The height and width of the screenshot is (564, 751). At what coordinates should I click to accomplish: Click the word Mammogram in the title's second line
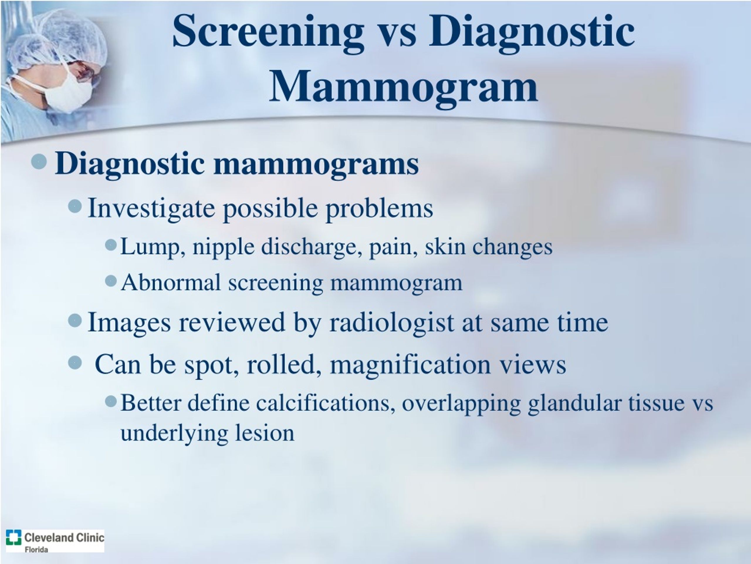(x=403, y=86)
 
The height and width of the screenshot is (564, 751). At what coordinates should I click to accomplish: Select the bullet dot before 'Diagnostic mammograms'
(x=39, y=161)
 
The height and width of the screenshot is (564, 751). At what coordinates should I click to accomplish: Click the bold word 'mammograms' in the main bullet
(x=316, y=164)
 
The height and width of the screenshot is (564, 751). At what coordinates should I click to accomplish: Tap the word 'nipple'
(x=224, y=246)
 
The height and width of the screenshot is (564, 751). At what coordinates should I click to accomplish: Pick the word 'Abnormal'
(x=171, y=283)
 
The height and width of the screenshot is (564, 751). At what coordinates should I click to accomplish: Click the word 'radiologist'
(x=391, y=322)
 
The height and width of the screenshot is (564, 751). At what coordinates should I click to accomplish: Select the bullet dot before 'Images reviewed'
(x=75, y=320)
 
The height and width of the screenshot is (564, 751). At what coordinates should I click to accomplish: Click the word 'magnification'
(x=410, y=365)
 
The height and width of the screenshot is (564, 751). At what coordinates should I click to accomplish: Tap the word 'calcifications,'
(x=325, y=403)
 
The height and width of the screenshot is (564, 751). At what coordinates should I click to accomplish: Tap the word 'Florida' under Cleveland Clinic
(x=36, y=549)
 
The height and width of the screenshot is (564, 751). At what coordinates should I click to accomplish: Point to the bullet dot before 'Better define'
(x=111, y=402)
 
